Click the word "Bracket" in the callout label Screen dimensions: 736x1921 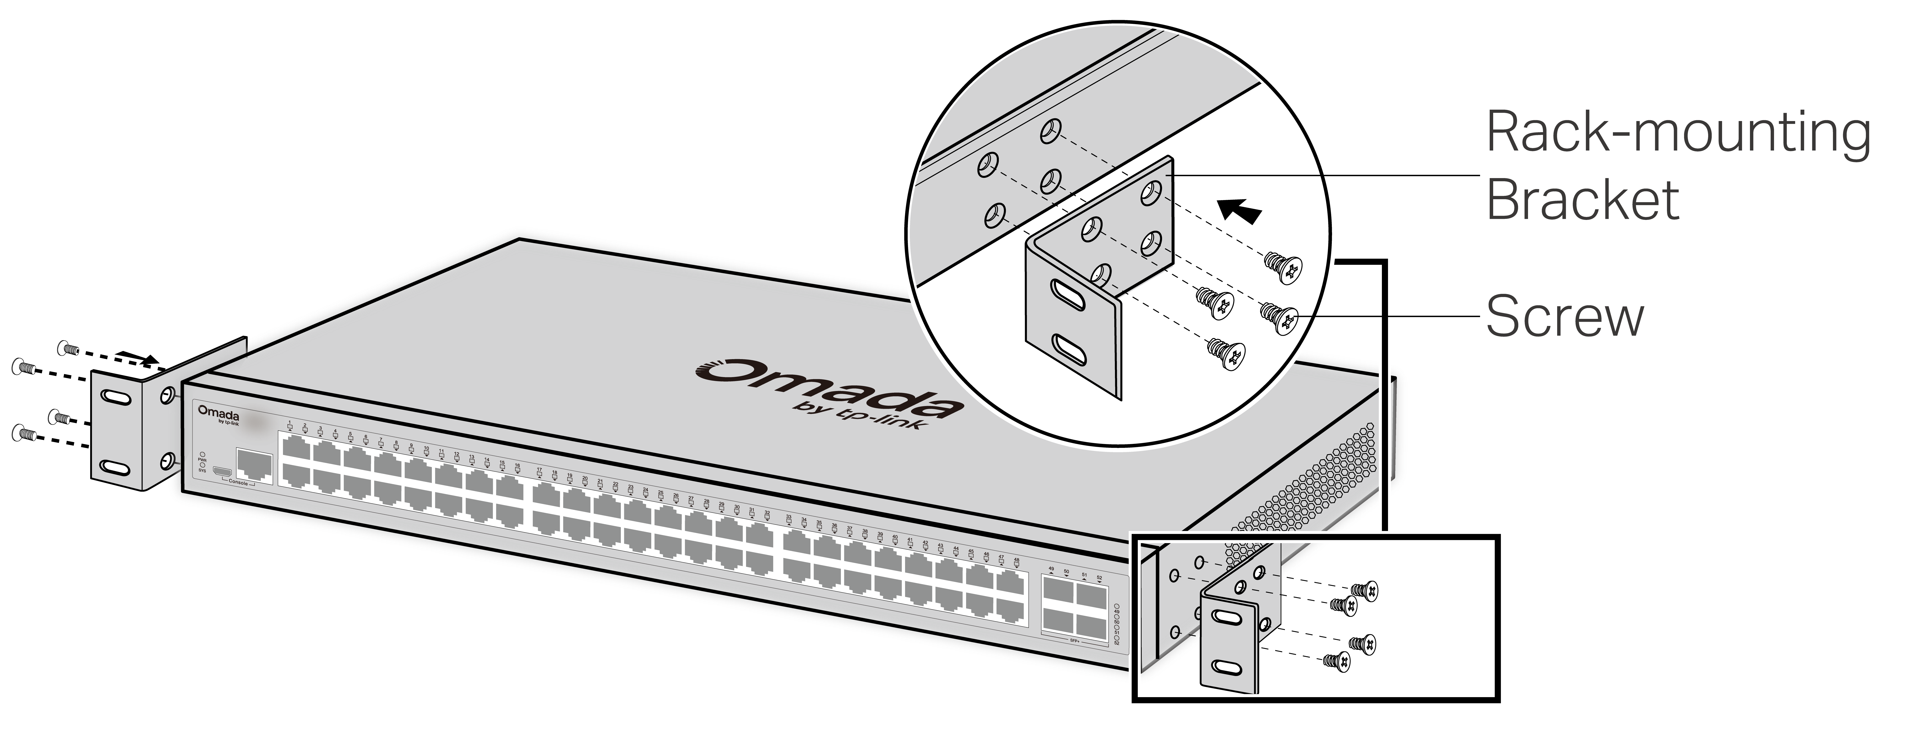[1582, 200]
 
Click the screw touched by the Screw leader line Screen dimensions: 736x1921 [1280, 317]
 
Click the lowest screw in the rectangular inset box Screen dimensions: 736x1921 [1336, 661]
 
